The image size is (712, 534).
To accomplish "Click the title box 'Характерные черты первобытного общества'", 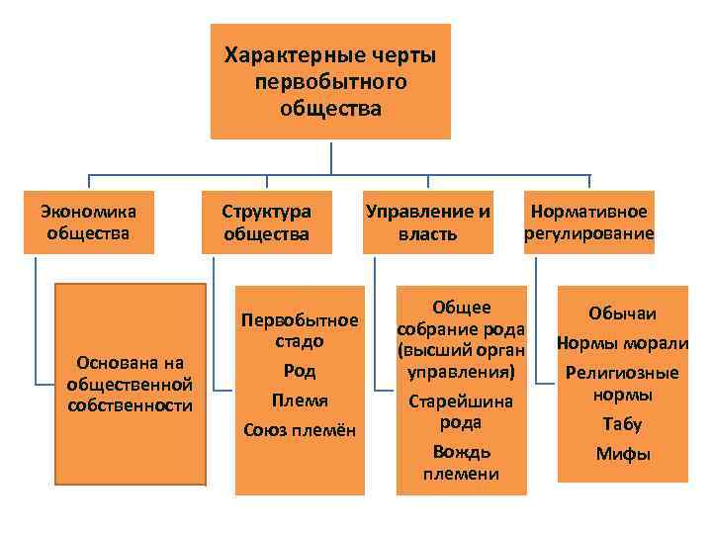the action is coord(330,81).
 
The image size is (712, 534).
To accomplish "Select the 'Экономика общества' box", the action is coord(89,222).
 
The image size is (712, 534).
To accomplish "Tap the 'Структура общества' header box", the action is coord(266,222).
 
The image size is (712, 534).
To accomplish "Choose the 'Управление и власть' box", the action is coord(427,222).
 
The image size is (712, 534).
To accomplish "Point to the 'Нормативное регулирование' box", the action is coord(589,222).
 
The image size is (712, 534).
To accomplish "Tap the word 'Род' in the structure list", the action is coord(300,371).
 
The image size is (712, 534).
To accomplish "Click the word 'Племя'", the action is coord(300,400).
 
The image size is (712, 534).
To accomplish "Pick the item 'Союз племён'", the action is coord(300,430).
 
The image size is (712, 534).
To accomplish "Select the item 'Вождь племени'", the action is coord(461,463).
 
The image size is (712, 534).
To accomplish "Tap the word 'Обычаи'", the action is coord(622,313).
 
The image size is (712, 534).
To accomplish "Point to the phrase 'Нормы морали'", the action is coord(622,344).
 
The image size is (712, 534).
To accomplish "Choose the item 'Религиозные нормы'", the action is coord(622,384).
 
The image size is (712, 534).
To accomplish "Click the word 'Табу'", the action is coord(622,424).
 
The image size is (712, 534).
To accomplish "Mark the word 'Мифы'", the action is coord(622,455).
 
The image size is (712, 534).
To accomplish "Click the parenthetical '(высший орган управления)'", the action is coord(461,362).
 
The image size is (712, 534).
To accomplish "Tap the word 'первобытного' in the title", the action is coord(330,81).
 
